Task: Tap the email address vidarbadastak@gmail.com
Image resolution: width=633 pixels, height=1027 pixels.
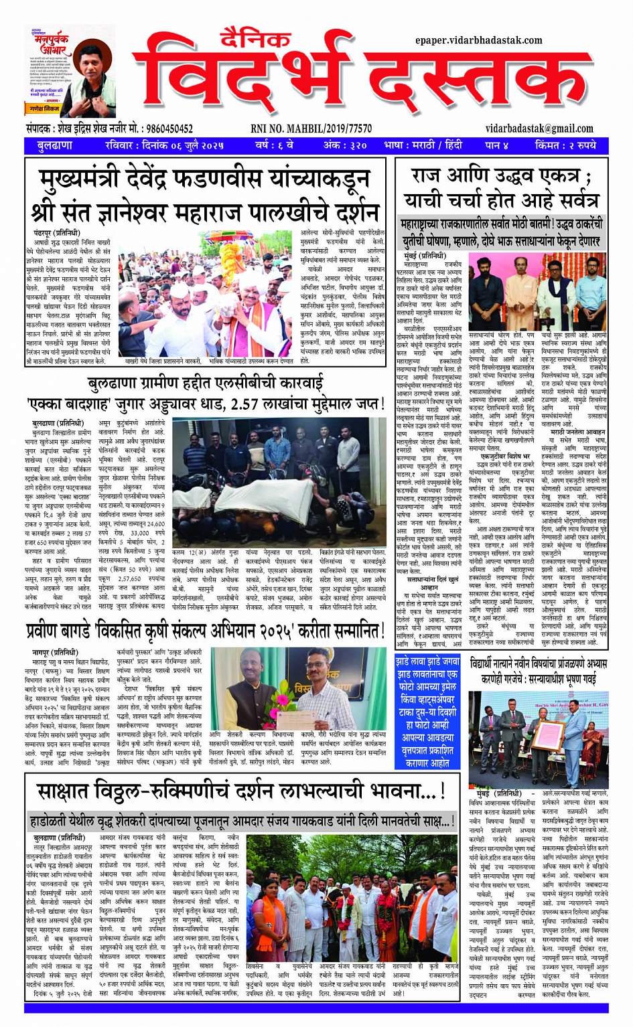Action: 539,129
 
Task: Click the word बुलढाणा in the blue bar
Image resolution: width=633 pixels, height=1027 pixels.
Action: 56,145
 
